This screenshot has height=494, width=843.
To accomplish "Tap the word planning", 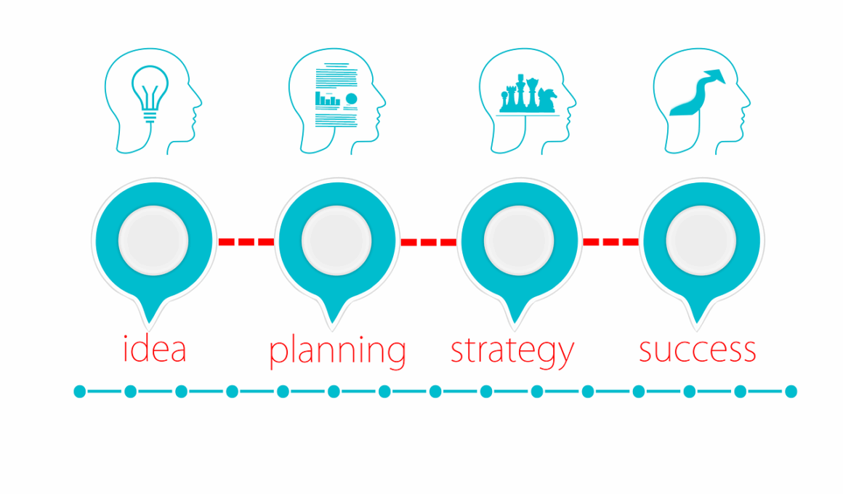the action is click(337, 352).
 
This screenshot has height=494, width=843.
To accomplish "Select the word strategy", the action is click(512, 352).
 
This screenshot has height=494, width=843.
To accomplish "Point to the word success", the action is click(698, 350).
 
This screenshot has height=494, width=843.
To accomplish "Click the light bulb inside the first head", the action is click(150, 94).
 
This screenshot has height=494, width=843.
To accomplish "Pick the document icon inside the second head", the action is click(336, 96).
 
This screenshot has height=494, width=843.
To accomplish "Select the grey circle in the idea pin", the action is click(153, 240).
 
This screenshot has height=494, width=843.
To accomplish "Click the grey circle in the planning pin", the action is click(336, 240).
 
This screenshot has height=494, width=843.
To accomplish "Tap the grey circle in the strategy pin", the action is click(519, 240).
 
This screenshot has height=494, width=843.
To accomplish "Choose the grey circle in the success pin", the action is click(701, 240).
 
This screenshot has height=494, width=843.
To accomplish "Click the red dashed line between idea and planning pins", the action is click(246, 242).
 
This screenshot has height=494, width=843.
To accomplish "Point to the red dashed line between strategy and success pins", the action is click(610, 242).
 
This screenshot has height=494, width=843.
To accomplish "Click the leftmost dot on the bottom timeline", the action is click(79, 392).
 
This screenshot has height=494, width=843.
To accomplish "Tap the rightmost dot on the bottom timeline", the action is click(791, 392).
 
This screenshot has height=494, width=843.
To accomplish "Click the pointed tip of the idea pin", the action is click(149, 323).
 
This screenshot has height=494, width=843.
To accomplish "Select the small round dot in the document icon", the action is click(352, 99).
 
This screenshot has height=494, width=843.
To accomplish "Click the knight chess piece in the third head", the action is click(547, 100).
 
